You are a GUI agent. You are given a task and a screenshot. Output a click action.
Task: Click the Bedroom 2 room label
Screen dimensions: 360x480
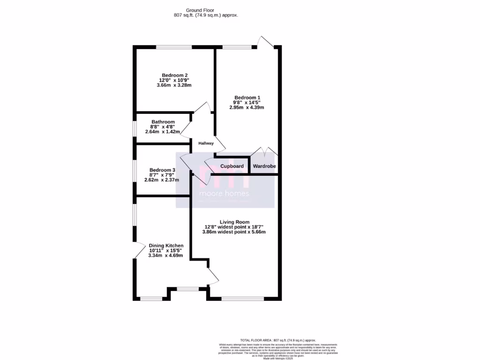[x=175, y=75]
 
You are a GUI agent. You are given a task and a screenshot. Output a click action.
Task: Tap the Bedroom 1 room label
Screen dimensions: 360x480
[x=247, y=97]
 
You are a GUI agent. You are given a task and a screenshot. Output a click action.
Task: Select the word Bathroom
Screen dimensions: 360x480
[x=163, y=122]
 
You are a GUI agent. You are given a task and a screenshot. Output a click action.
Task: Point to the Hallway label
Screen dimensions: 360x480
[x=206, y=143]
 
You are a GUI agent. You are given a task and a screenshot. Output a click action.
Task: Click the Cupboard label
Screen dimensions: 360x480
[x=232, y=166]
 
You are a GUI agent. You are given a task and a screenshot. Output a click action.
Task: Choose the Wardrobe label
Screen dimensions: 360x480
[x=264, y=166]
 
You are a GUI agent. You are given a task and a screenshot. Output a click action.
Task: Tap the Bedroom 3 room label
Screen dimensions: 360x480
[x=162, y=170]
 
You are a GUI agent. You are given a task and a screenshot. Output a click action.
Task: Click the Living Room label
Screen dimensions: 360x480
[x=234, y=222]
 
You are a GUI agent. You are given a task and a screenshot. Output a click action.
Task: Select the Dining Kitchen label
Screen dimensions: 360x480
[x=166, y=246]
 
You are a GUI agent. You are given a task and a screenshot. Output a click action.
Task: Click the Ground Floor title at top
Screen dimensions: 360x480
[x=199, y=10]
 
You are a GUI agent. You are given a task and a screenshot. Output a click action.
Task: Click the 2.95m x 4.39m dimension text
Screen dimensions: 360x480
[x=247, y=107]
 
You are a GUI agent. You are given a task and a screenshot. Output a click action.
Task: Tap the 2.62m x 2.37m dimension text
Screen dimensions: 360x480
[x=162, y=180]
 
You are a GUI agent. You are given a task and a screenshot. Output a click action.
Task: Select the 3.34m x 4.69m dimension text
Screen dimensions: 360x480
[x=165, y=255]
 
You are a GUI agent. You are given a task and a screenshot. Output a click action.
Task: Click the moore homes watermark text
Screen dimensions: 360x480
[x=224, y=194]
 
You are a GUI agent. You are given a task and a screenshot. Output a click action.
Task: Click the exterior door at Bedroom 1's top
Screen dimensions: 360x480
[x=266, y=42]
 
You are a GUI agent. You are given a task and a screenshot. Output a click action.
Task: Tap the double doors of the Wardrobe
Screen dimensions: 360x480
[x=264, y=152]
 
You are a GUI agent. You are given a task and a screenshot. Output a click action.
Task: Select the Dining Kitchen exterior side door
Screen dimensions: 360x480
[x=139, y=251]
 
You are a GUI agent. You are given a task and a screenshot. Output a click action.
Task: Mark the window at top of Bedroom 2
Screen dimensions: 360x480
[x=174, y=47]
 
